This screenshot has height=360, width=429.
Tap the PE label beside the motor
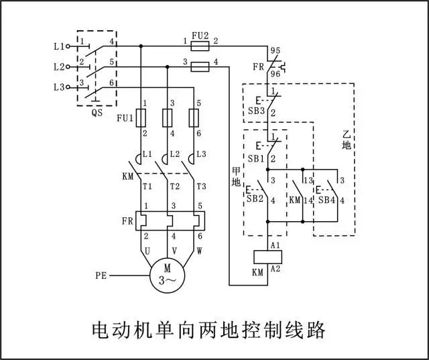101,276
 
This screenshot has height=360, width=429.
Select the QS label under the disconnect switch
97,113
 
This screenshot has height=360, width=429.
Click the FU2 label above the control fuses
200,36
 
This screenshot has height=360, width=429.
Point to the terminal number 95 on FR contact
275,50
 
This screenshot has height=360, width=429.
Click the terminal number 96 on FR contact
275,74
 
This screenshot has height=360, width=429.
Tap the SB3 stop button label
256,111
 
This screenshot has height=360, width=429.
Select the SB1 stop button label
256,159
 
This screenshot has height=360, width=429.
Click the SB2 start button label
255,198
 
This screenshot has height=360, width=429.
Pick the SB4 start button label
326,200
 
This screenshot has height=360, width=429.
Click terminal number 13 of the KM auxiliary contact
308,180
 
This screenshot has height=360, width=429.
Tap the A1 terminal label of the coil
275,245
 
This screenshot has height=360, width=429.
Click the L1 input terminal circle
68,46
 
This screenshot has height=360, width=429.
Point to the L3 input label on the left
59,87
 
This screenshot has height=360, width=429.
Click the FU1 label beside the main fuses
125,118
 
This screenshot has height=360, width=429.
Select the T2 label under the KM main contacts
174,186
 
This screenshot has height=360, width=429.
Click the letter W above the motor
200,251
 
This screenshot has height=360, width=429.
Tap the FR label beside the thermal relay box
127,221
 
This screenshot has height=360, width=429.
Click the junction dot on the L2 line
168,67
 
